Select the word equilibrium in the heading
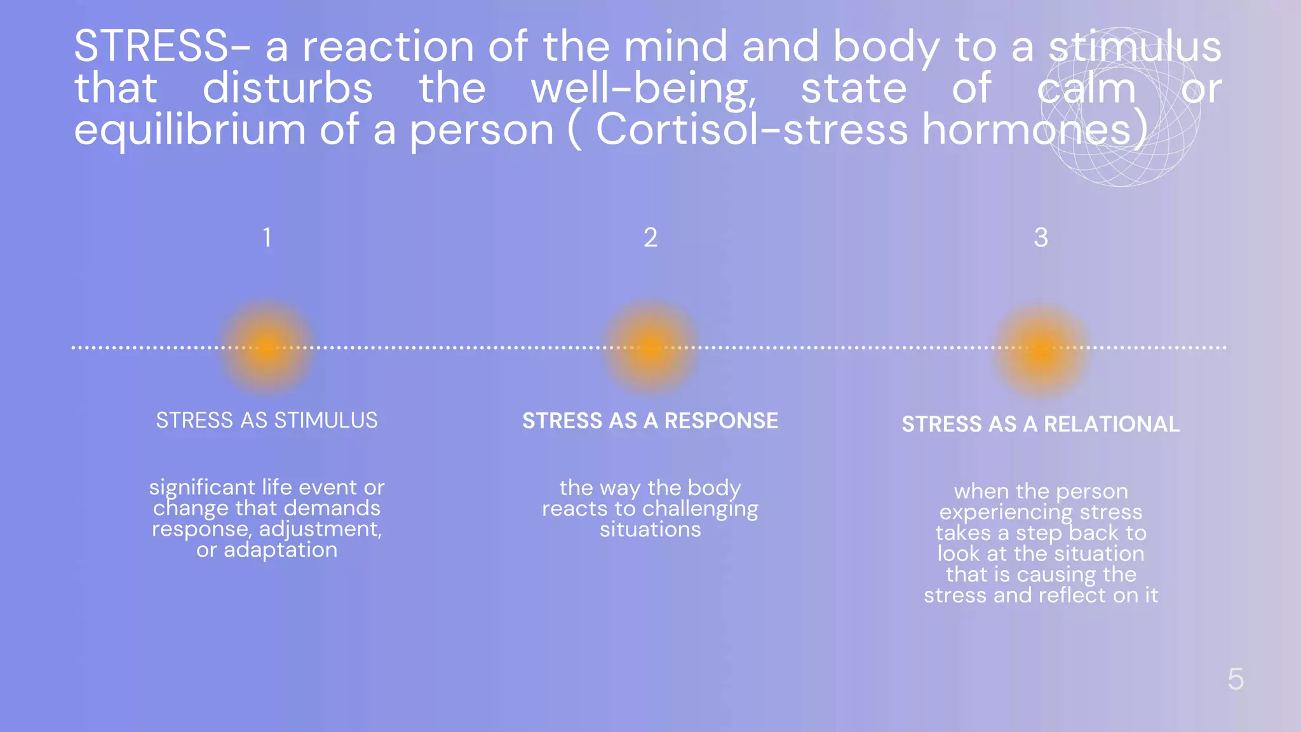(190, 130)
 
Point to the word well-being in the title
(644, 89)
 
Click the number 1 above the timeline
(267, 238)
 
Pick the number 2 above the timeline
(650, 238)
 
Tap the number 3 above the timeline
(1041, 238)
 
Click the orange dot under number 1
(267, 347)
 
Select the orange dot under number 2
(650, 347)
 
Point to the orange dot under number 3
(1041, 349)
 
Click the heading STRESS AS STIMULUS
(267, 421)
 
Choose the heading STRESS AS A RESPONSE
(650, 421)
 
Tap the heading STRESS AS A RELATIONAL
(1041, 424)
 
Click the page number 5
(1236, 679)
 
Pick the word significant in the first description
(202, 488)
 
